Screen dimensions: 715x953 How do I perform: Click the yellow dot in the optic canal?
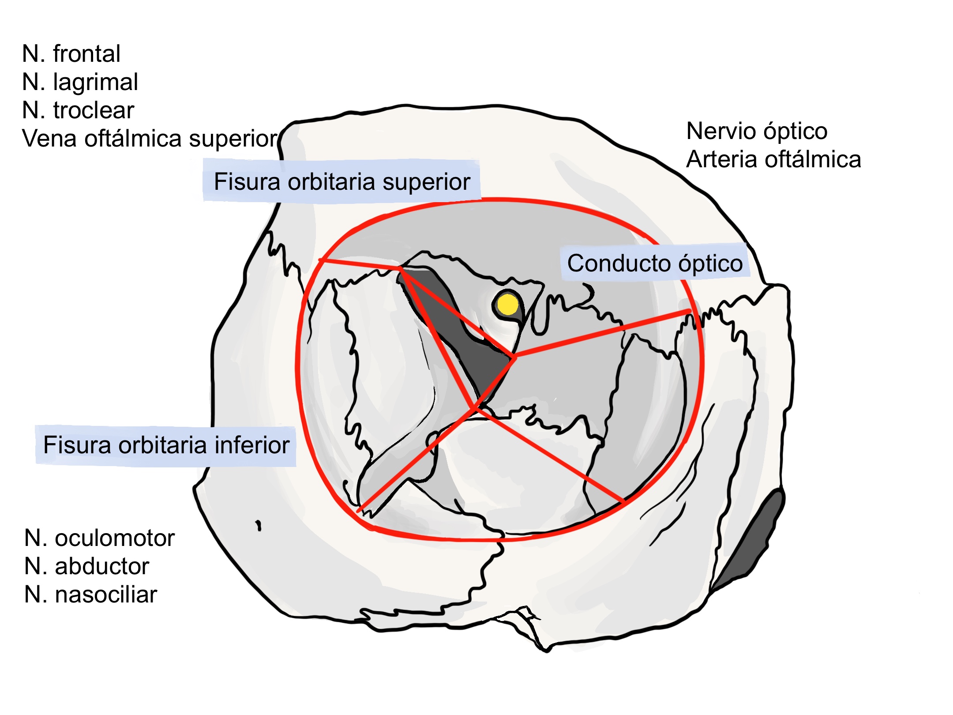pyautogui.click(x=507, y=304)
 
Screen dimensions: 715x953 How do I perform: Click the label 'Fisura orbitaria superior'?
pyautogui.click(x=342, y=181)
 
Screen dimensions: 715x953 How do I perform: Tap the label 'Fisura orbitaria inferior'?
pyautogui.click(x=166, y=445)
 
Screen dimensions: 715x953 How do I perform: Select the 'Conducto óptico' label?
pyautogui.click(x=655, y=263)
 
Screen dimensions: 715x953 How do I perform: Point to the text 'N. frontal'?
pyautogui.click(x=71, y=54)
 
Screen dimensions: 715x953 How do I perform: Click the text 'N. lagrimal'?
pyautogui.click(x=80, y=82)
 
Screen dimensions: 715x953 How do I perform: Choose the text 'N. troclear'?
pyautogui.click(x=78, y=110)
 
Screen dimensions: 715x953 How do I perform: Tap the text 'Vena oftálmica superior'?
pyautogui.click(x=150, y=139)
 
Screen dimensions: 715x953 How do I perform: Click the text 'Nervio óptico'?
pyautogui.click(x=757, y=131)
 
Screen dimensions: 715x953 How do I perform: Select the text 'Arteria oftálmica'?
pyautogui.click(x=773, y=159)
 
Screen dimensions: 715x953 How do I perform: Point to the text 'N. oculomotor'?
pyautogui.click(x=100, y=538)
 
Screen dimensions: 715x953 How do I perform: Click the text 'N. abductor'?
pyautogui.click(x=87, y=566)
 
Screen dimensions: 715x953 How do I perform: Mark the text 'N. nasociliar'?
pyautogui.click(x=90, y=595)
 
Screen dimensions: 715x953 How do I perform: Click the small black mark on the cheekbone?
pyautogui.click(x=259, y=525)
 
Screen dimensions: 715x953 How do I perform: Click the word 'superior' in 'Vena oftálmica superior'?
pyautogui.click(x=233, y=139)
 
